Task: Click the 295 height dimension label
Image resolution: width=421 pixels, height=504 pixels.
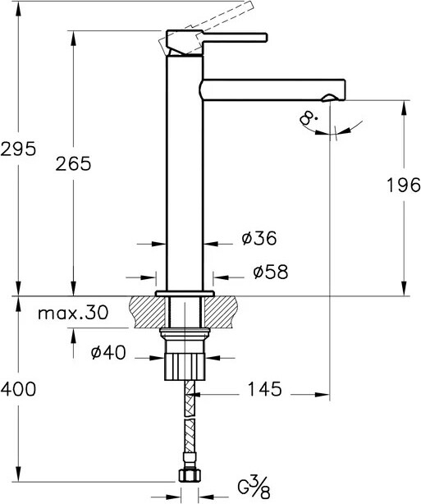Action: pos(18,149)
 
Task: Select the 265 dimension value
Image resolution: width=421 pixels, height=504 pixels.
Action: pos(73,163)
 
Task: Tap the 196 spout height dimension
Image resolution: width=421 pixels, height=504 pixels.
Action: pos(402,186)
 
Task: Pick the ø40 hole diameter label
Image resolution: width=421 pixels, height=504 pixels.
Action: pos(108,352)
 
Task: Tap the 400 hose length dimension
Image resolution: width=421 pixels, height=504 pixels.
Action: pos(18,390)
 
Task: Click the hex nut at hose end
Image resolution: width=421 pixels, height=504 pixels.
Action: pos(187,477)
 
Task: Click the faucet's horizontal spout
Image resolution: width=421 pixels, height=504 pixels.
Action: pos(271,87)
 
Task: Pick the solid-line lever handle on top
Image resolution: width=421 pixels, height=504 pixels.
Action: pos(231,38)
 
